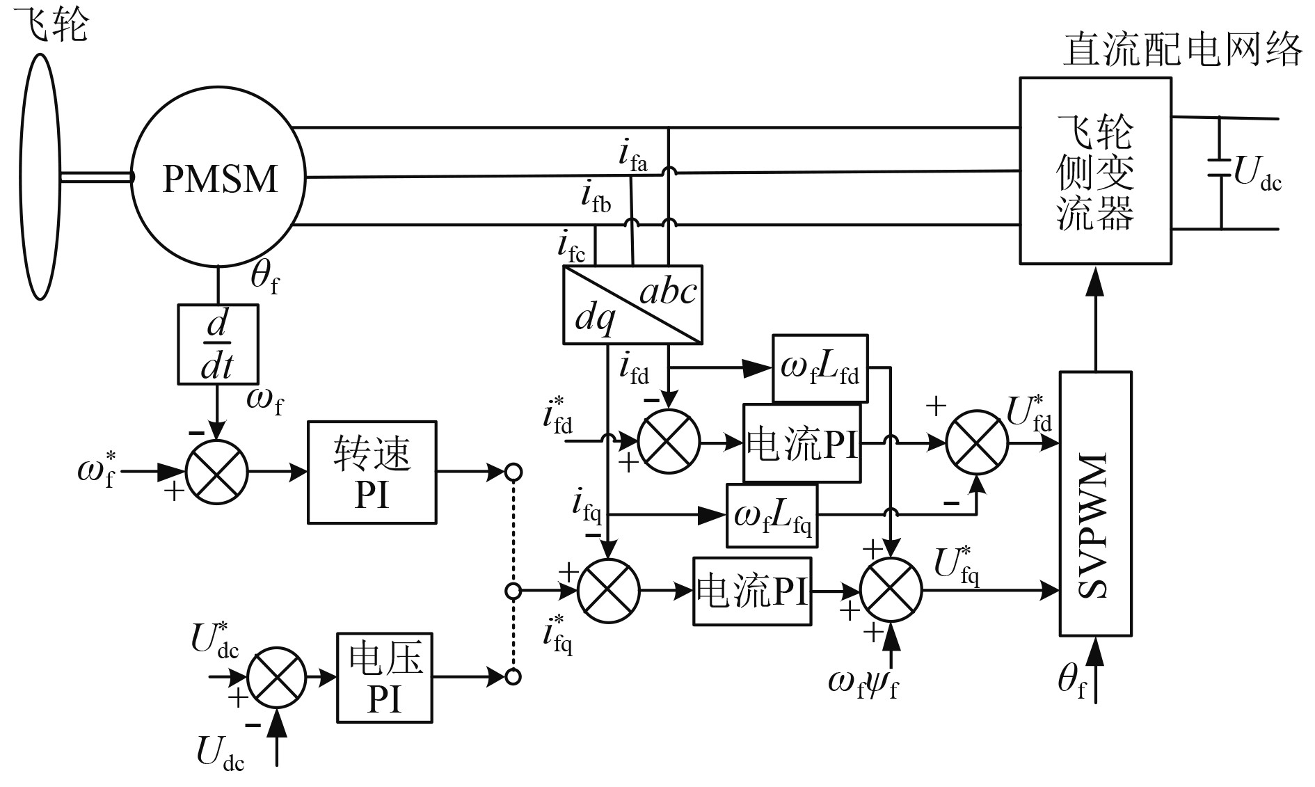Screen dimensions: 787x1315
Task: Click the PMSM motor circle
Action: pyautogui.click(x=218, y=179)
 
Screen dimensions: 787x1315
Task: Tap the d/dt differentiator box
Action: pyautogui.click(x=218, y=344)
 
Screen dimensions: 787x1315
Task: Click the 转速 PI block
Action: pyautogui.click(x=372, y=472)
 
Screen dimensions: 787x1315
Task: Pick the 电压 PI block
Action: pyautogui.click(x=385, y=677)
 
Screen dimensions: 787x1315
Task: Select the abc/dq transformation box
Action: pyautogui.click(x=632, y=304)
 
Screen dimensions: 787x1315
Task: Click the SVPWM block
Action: pyautogui.click(x=1095, y=504)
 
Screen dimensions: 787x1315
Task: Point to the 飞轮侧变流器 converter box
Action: pyautogui.click(x=1095, y=170)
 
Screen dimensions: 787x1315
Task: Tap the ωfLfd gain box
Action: pyautogui.click(x=820, y=368)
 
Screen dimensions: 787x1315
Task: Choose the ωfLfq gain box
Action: pyautogui.click(x=772, y=516)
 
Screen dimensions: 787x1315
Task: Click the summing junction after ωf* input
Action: pyautogui.click(x=217, y=472)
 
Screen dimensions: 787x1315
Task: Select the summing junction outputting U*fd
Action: pyautogui.click(x=977, y=441)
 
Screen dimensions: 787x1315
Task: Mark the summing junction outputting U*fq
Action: pyautogui.click(x=891, y=591)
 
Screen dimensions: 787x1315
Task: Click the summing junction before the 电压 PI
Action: pyautogui.click(x=277, y=677)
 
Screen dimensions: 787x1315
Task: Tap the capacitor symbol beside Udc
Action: pyautogui.click(x=1221, y=171)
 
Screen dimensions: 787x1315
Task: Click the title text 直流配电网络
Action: pyautogui.click(x=1182, y=51)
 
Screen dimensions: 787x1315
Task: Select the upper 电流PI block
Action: pyautogui.click(x=802, y=443)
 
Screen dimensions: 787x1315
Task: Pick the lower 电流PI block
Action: pyautogui.click(x=752, y=591)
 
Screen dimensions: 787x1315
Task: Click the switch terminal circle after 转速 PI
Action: pyautogui.click(x=513, y=472)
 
